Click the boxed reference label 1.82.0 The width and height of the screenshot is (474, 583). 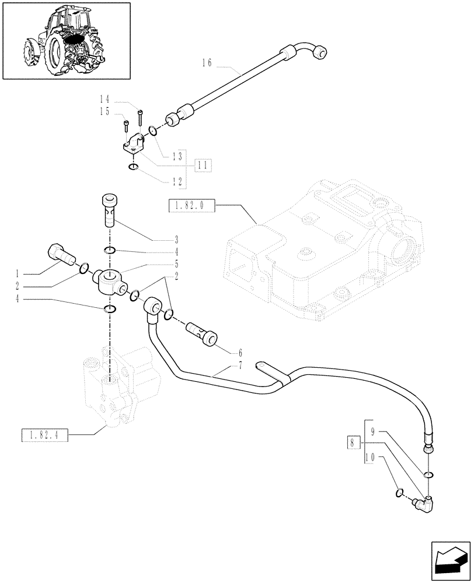tap(191, 205)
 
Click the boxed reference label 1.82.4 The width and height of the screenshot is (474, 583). tap(44, 435)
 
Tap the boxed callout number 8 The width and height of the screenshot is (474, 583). tap(350, 442)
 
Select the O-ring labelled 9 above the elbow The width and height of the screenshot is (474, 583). tap(428, 475)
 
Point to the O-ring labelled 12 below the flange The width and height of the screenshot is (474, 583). tap(133, 168)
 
